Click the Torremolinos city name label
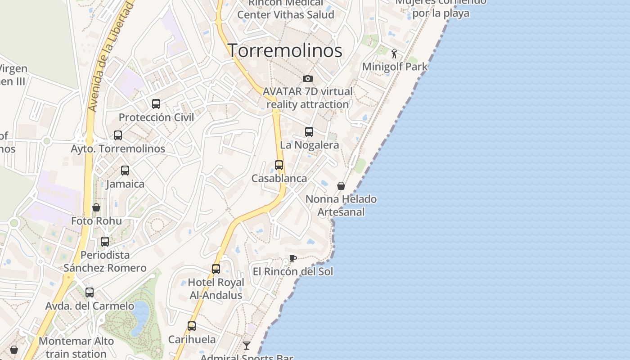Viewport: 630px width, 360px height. click(x=285, y=50)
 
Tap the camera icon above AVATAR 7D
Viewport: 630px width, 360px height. click(x=308, y=79)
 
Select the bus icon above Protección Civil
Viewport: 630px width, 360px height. click(x=156, y=104)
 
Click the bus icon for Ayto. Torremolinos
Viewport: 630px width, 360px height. click(x=118, y=135)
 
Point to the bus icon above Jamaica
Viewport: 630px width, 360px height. click(x=125, y=171)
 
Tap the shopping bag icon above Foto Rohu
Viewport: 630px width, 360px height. click(x=96, y=207)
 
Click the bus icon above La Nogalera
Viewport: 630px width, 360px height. click(x=309, y=132)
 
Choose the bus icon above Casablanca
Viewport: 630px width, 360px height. click(x=279, y=165)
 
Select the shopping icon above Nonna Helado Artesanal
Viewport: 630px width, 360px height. click(x=341, y=186)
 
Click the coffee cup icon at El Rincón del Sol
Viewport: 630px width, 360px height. click(x=293, y=258)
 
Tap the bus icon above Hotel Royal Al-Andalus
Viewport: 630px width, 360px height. click(x=216, y=269)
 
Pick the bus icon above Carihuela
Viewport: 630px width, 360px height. click(x=192, y=326)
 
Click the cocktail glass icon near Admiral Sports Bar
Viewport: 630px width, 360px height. click(x=247, y=346)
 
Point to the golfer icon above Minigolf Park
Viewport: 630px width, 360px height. click(x=395, y=54)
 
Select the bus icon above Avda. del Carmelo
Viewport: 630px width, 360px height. click(x=90, y=292)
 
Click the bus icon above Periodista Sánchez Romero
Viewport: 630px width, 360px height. click(x=105, y=242)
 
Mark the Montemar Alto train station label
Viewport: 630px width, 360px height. click(x=76, y=347)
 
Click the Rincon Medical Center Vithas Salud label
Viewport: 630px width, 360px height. click(x=286, y=9)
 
